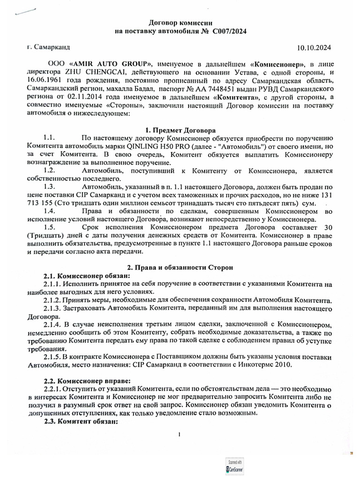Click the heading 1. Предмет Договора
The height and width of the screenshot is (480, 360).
[180, 130]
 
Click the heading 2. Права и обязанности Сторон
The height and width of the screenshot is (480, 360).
[180, 267]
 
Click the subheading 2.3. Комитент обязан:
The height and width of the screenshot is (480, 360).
[80, 421]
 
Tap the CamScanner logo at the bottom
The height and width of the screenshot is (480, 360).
[235, 468]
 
